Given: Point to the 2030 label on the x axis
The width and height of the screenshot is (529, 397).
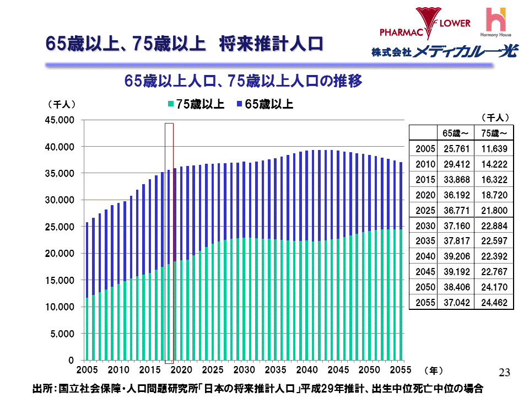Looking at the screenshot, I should (244, 369).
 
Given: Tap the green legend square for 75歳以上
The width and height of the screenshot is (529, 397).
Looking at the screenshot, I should (171, 104).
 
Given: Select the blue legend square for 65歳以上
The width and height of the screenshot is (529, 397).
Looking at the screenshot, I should (240, 104).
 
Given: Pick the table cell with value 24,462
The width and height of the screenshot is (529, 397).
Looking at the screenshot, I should (494, 302).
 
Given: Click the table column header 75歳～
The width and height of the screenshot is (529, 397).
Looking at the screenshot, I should (494, 133).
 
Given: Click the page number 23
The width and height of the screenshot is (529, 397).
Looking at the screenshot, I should (504, 372).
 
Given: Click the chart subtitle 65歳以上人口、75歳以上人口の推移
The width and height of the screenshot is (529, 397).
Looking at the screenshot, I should (243, 82).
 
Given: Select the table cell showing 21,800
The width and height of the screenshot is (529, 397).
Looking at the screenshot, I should (494, 211).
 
